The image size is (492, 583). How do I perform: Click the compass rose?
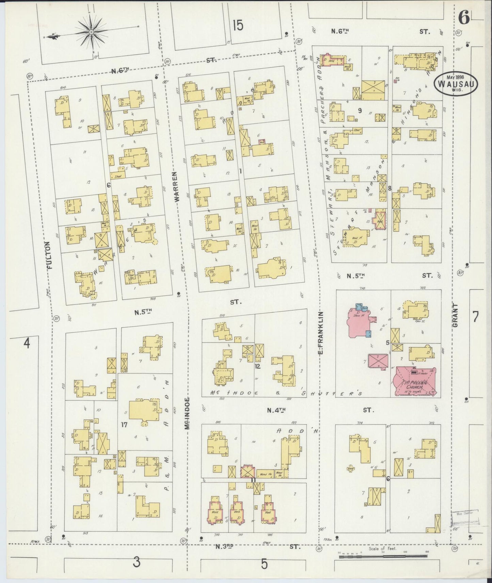(x=91, y=32)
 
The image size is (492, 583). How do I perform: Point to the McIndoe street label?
(x=187, y=413)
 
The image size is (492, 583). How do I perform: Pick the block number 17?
(x=124, y=424)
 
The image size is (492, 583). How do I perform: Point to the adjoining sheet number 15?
(x=238, y=25)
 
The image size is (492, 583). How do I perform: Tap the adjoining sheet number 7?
(x=475, y=317)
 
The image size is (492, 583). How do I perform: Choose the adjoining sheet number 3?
(x=136, y=563)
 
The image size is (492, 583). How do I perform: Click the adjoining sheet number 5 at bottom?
(x=264, y=564)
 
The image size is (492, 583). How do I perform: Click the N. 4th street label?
(x=275, y=411)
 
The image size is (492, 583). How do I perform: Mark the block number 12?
(x=257, y=366)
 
